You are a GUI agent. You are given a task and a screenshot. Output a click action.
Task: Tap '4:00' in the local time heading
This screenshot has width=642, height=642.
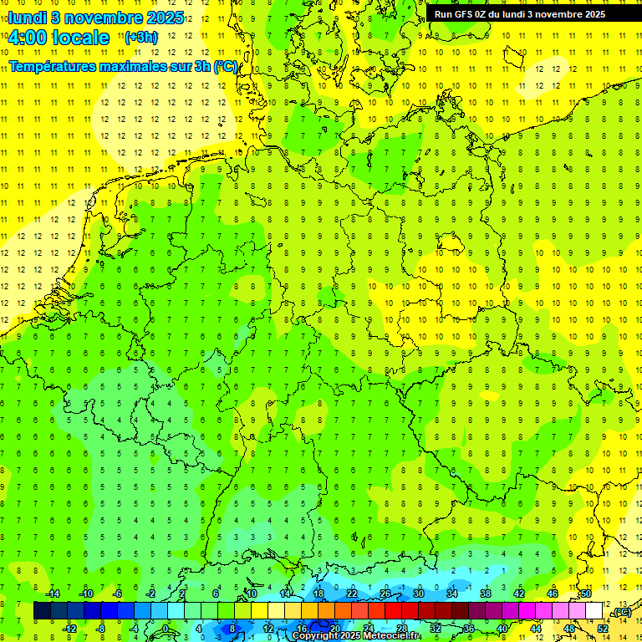[x=28, y=38]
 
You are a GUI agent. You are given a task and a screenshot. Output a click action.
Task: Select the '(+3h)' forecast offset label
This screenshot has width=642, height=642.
[x=140, y=37]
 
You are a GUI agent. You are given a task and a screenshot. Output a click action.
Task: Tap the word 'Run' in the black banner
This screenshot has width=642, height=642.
[x=443, y=14]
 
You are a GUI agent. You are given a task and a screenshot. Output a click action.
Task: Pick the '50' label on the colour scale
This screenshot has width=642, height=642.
[x=587, y=594]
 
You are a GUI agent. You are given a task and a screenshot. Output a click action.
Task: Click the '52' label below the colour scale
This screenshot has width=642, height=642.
[x=603, y=628]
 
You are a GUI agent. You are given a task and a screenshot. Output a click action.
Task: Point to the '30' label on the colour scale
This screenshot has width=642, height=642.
[x=418, y=594]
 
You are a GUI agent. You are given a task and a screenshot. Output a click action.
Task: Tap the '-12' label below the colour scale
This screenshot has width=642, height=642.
[x=69, y=628]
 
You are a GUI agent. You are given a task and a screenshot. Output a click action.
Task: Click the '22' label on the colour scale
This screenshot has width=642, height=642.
[x=351, y=594]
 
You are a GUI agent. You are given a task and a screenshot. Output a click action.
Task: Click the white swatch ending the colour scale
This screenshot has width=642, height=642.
[x=594, y=611]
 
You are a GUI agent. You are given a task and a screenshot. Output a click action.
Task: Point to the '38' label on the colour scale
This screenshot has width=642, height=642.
[x=485, y=594]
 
